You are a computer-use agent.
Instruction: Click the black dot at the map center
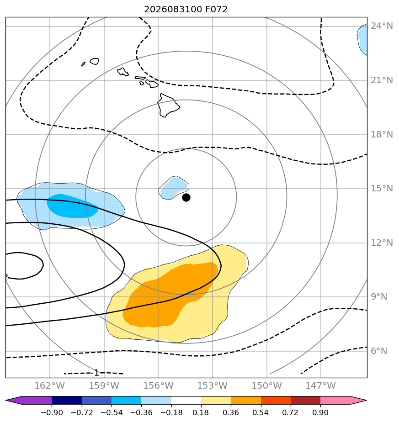coord(186,198)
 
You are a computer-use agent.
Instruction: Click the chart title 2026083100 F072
coord(186,10)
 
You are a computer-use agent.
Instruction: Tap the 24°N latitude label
coord(382,26)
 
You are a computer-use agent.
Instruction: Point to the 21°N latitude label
coord(382,80)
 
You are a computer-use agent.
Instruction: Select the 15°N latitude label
coord(382,188)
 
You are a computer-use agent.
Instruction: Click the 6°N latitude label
coord(379,351)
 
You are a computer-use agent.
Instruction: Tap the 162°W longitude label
coord(49,385)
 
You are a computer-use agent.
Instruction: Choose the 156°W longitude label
coord(158,385)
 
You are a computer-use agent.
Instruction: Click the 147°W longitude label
coord(320,385)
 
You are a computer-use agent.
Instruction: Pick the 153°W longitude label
coord(212,385)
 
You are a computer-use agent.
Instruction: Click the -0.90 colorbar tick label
coord(52,412)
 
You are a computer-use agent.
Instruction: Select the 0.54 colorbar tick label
coord(261,412)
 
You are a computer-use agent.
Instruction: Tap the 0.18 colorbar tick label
coord(201,412)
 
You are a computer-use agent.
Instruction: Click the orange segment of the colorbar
coord(246,400)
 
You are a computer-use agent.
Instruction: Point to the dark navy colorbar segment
coord(67,400)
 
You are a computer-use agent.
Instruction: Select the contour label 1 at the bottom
coord(96,373)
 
